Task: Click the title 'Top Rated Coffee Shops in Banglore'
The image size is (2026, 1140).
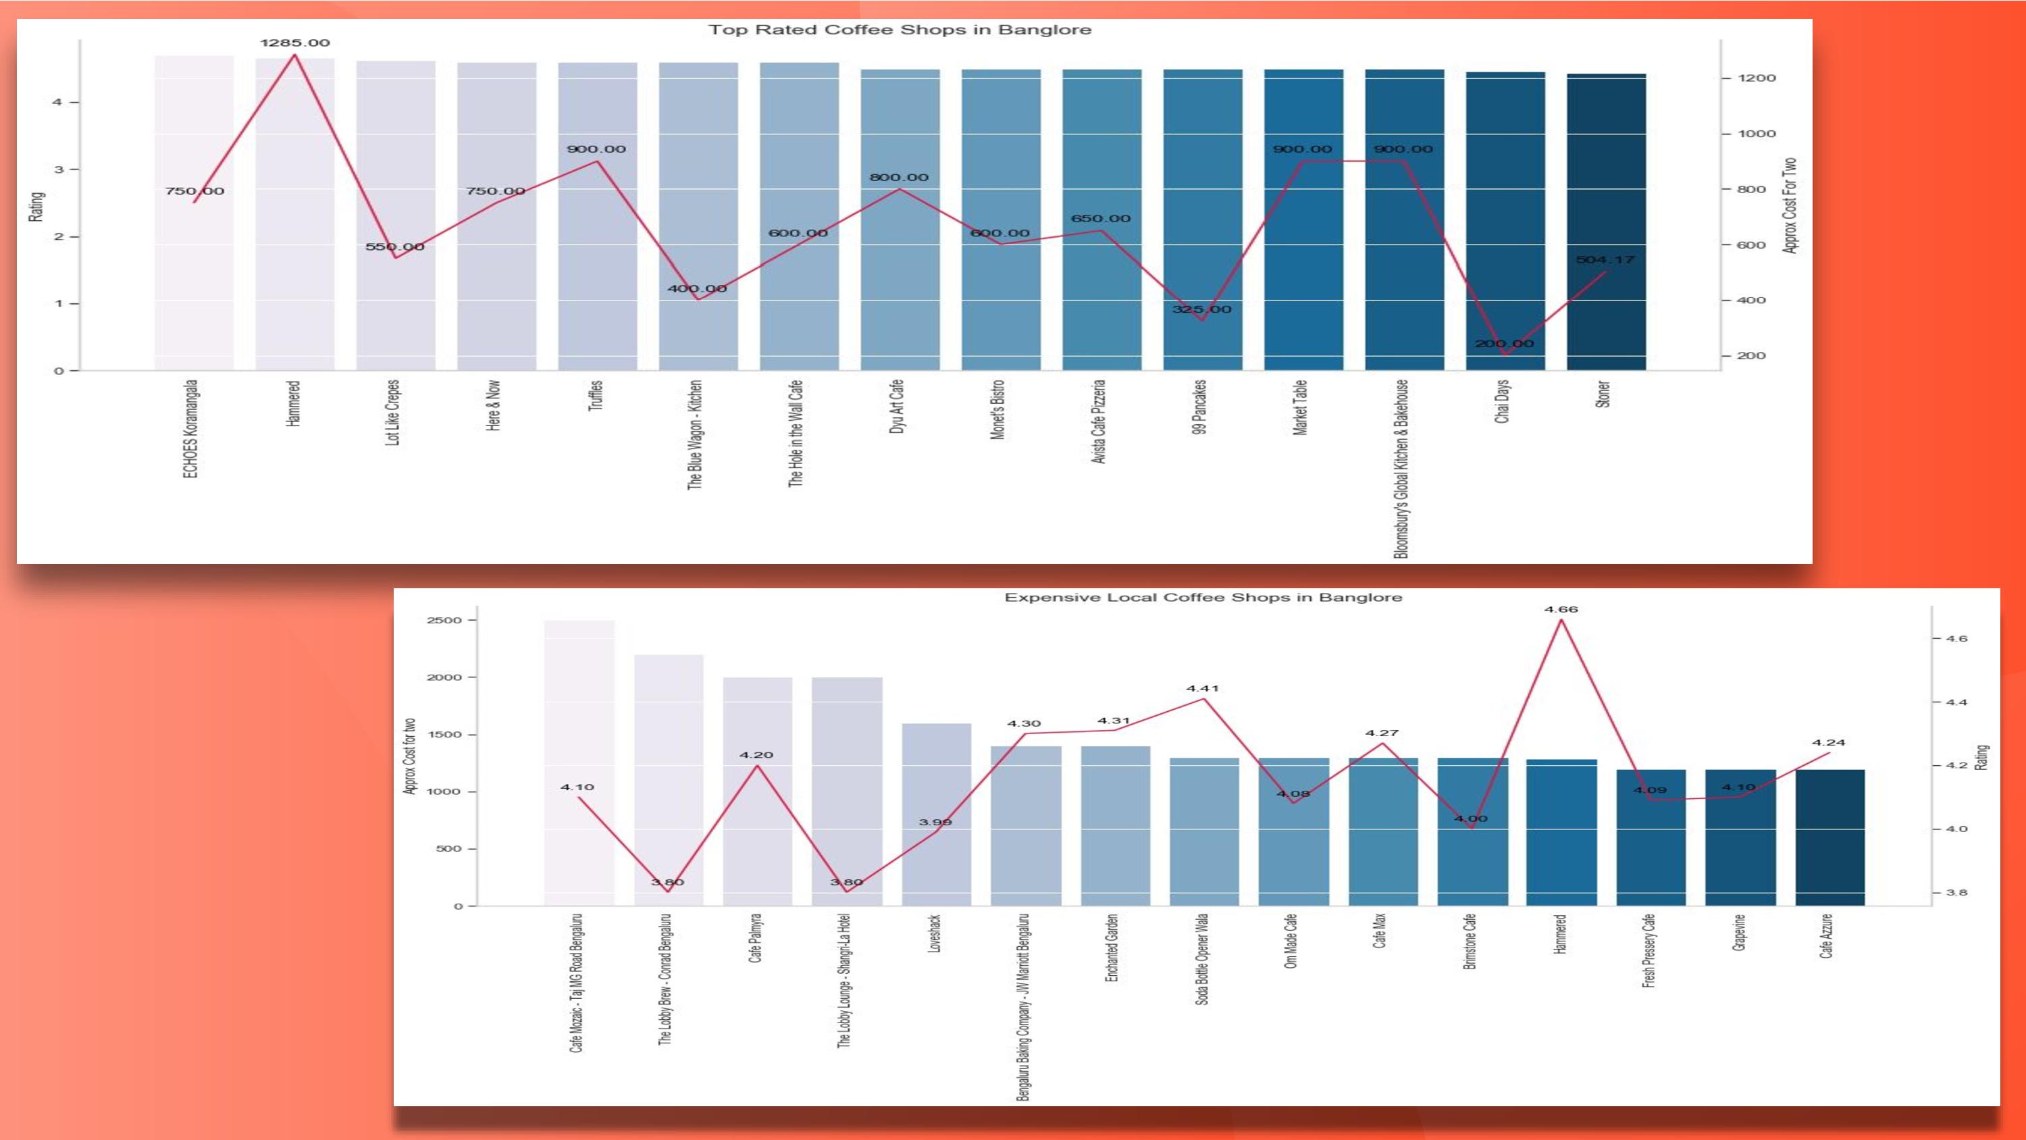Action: pos(900,30)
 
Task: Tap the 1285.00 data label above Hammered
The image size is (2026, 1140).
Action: pos(295,43)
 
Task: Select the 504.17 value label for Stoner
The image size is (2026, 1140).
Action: pos(1605,259)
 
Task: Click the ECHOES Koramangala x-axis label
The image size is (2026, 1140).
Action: pos(190,429)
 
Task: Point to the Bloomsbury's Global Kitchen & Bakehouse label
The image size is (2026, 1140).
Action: pos(1401,469)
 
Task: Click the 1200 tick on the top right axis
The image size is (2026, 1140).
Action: pos(1757,78)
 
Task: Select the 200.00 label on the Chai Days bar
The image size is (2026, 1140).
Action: pos(1504,344)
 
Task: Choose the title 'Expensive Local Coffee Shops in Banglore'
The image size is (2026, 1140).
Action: pos(1203,598)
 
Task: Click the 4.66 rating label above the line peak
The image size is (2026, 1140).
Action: pos(1561,610)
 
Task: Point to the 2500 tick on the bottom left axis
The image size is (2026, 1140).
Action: pos(444,621)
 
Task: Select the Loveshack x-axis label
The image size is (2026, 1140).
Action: pos(935,933)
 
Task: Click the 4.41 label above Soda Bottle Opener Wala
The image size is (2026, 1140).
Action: pos(1203,688)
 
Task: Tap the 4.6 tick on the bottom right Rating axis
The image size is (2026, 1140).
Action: pos(1956,639)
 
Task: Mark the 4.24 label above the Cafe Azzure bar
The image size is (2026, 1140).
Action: pos(1828,743)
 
